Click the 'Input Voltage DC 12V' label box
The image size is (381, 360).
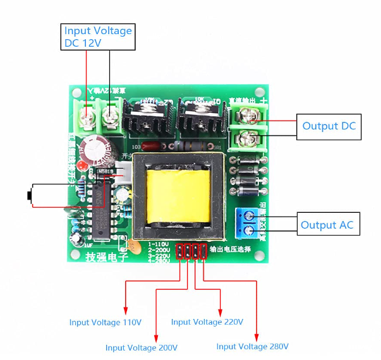98,37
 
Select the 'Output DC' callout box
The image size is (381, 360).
329,126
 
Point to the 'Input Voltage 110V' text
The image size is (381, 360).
105,322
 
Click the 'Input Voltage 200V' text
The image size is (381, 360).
141,347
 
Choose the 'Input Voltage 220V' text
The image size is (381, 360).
207,321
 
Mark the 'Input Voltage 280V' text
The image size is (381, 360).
252,347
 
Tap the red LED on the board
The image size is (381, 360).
82,166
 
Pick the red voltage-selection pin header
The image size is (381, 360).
191,252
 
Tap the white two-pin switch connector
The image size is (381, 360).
124,175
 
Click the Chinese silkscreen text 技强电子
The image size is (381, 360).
107,256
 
